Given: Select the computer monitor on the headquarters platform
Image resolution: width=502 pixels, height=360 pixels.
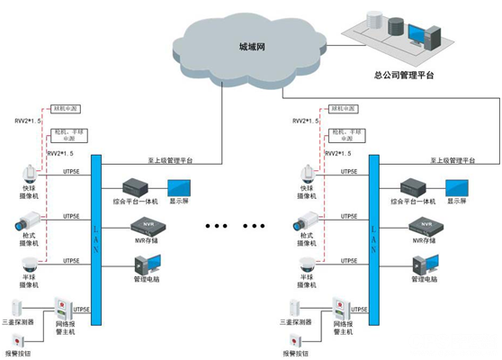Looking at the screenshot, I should point(418,35).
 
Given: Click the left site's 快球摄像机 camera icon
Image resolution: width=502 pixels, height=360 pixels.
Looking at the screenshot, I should point(29,174).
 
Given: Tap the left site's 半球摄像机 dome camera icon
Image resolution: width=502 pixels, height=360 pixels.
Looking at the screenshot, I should point(29,265).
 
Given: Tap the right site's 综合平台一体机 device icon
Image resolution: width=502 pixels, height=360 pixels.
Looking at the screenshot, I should point(413,186).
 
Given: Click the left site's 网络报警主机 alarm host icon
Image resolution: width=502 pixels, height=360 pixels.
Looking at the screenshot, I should point(64,310).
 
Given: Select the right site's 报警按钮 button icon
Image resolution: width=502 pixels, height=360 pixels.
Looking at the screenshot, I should point(297,340).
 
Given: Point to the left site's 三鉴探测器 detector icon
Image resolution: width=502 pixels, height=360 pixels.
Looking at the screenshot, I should point(20,305).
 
